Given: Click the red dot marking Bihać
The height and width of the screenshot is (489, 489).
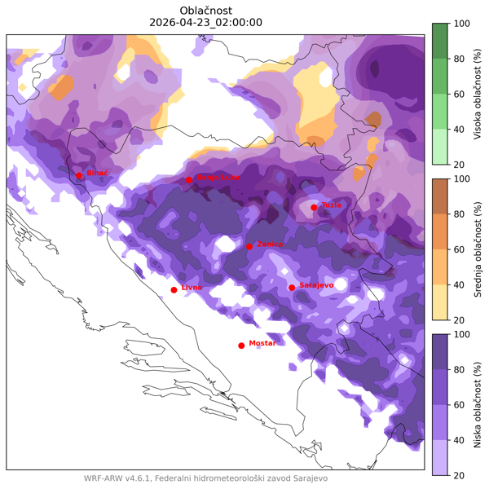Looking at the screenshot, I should pos(79,175).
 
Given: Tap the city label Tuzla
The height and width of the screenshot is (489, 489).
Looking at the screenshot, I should pos(331,205).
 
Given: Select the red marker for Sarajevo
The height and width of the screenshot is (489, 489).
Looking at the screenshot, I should pos(292,287).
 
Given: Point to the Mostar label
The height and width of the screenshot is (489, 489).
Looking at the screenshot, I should pos(262,343).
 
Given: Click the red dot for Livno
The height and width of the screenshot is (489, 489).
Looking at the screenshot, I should pos(174,289).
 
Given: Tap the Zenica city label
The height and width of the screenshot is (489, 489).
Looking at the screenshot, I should pos(270,244).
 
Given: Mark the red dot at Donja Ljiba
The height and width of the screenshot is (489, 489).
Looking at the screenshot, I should pos(189,179).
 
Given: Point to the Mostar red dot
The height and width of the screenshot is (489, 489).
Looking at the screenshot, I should pos(241,346).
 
